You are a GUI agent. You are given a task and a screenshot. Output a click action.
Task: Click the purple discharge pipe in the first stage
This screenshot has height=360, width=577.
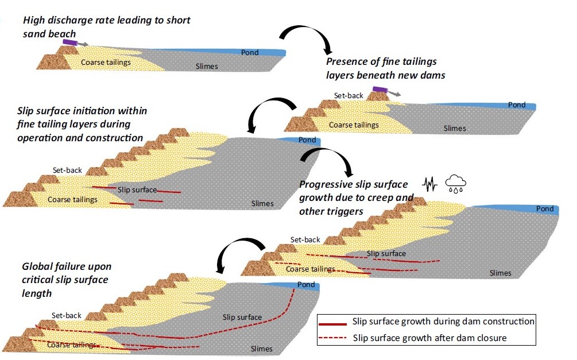point(71,42)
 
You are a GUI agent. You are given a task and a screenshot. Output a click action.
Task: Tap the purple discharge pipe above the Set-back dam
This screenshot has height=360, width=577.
point(381,90)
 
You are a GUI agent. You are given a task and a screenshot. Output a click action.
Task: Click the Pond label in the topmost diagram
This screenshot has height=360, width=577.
point(250,53)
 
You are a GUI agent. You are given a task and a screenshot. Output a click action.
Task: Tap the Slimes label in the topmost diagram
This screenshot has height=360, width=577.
point(207,66)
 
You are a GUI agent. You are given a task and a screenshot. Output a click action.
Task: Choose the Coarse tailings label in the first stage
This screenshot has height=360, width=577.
point(106,63)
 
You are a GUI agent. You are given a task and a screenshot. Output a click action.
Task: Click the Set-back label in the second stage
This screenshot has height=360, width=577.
point(348,95)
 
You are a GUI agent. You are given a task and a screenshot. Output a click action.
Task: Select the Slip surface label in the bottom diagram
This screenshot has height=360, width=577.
point(242,317)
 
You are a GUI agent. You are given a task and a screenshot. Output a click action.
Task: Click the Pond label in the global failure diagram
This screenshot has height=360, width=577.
point(306,285)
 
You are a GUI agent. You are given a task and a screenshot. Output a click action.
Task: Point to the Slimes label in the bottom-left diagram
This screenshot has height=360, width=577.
point(262,349)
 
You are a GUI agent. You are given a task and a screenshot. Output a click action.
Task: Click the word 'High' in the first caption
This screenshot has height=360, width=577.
point(33,21)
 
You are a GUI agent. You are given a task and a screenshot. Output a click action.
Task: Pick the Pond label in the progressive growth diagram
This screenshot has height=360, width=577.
point(545,209)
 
